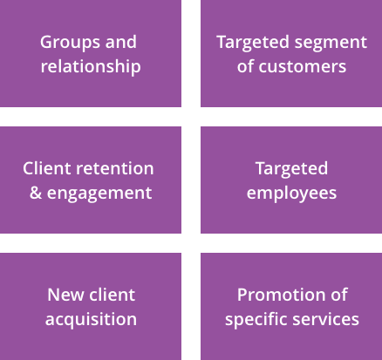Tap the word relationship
(91, 66)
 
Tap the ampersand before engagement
(36, 193)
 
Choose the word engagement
(99, 193)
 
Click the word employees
(291, 193)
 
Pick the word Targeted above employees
(291, 168)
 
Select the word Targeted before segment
(253, 43)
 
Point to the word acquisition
(91, 319)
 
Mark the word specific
(255, 319)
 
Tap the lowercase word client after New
(113, 295)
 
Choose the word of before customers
(246, 66)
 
